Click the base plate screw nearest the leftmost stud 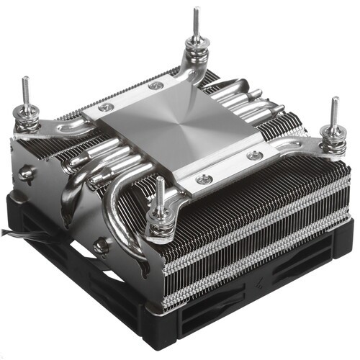104,107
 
